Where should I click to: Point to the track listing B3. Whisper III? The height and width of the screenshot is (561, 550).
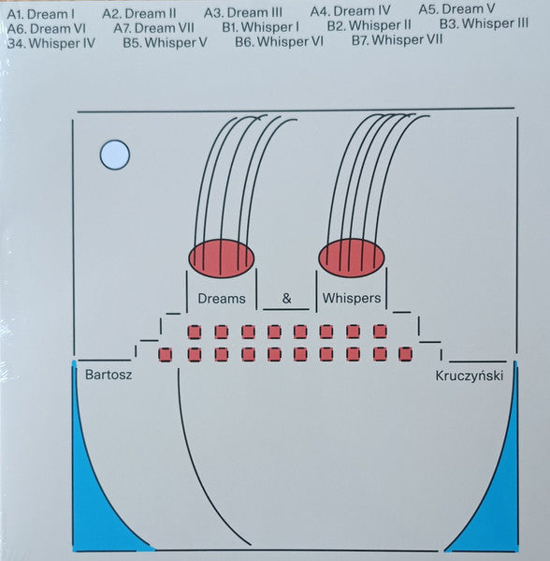(x=484, y=22)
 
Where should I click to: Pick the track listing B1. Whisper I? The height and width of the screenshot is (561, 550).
(x=261, y=28)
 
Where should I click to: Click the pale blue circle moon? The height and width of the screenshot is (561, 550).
(x=114, y=153)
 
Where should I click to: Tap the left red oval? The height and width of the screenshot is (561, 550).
(x=222, y=258)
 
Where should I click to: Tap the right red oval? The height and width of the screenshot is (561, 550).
(x=351, y=257)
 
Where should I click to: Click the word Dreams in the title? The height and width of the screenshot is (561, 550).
(x=222, y=299)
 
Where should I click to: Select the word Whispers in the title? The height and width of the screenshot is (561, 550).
(x=352, y=299)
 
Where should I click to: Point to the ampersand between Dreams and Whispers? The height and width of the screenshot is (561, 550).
(x=287, y=299)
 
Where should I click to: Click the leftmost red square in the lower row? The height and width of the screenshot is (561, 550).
(x=166, y=354)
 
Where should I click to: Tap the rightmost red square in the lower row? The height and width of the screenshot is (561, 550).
(x=405, y=354)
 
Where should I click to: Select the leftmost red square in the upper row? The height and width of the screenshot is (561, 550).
(x=195, y=332)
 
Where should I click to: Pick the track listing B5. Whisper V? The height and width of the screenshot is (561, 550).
(x=165, y=42)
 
